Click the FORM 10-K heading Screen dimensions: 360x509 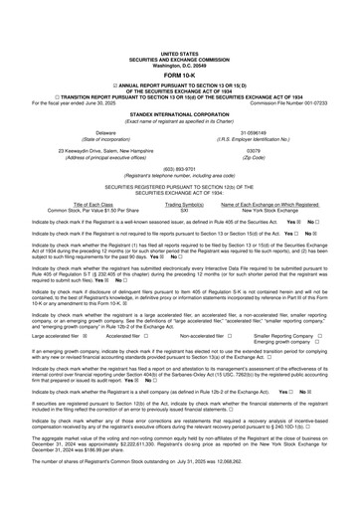(180, 47)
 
